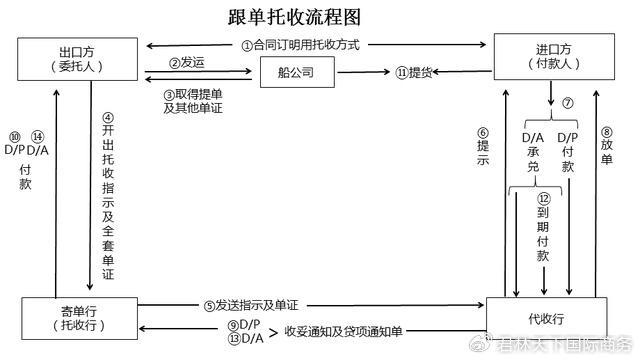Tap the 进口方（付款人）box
pos(551,55)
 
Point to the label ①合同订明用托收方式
pos(299,45)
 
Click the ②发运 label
pos(187,62)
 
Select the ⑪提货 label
pos(414,72)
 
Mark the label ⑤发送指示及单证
pos(250,304)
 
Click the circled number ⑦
pos(566,103)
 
